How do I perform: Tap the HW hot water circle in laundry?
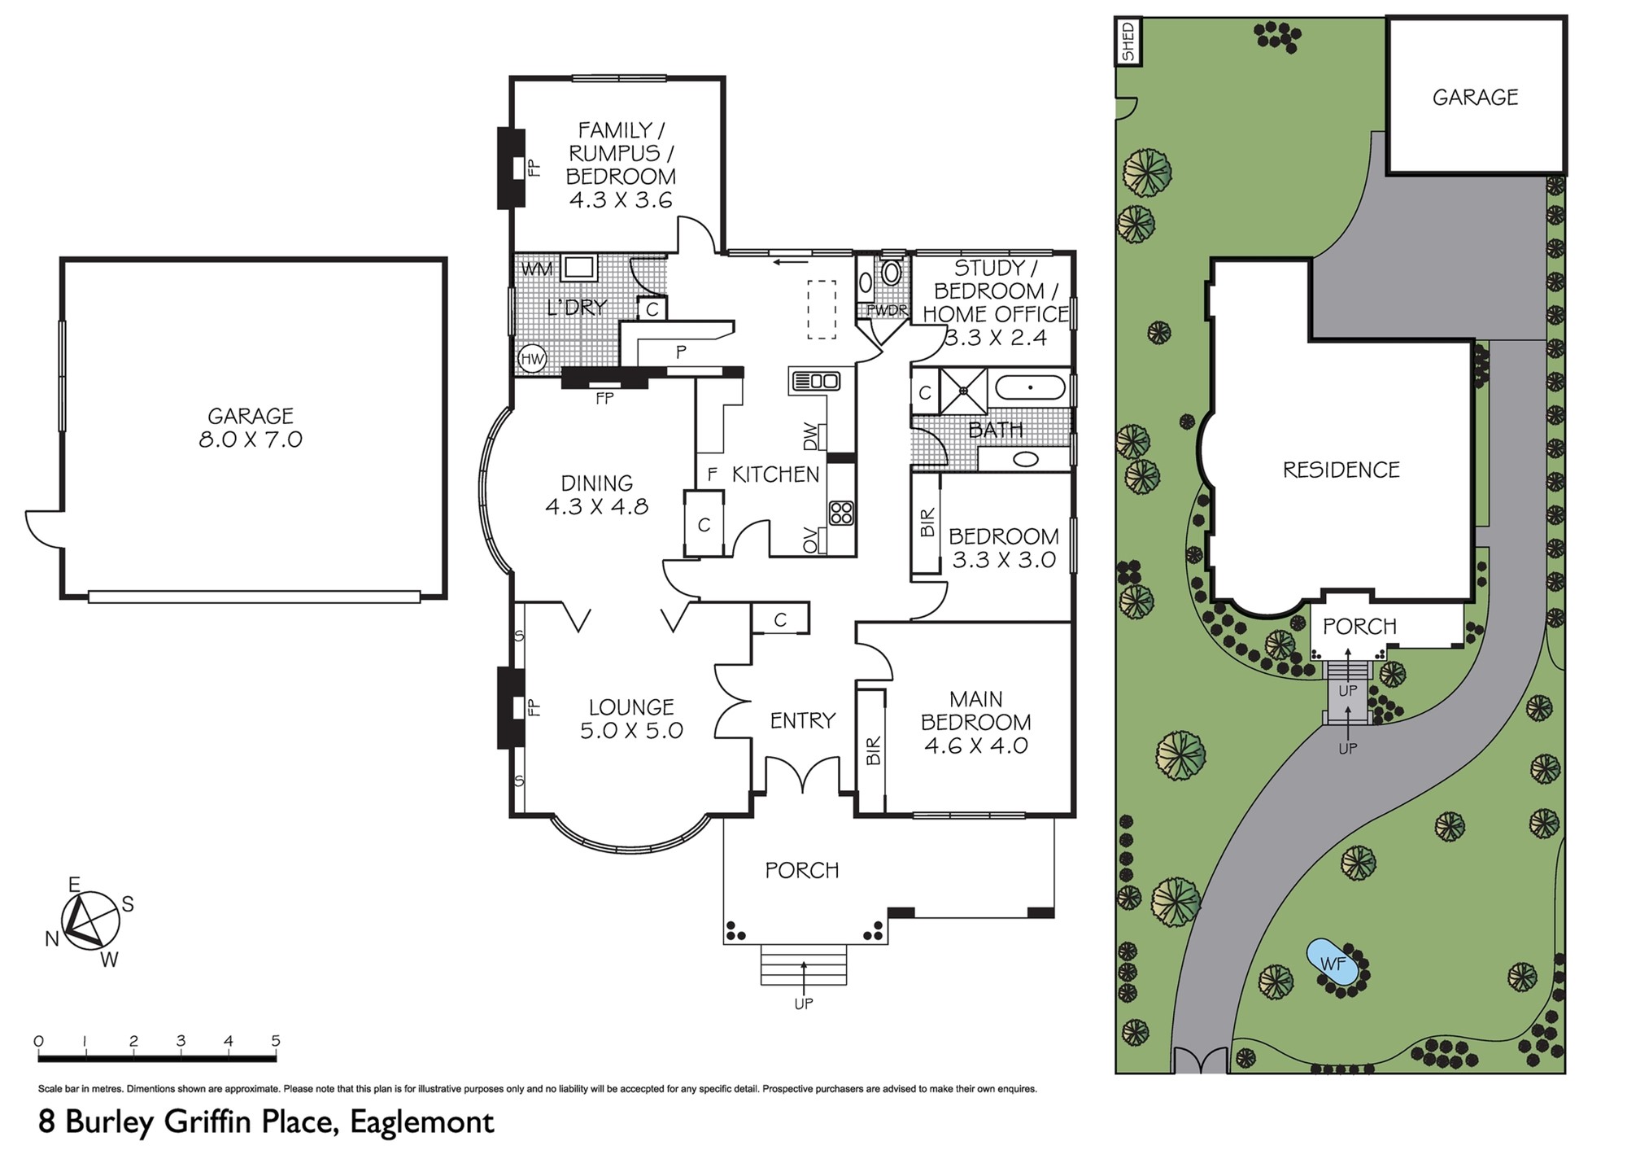[x=532, y=358]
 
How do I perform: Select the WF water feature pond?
[x=1332, y=964]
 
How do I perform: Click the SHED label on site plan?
[x=1128, y=42]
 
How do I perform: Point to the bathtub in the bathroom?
[x=1030, y=387]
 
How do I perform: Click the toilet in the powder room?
[x=892, y=273]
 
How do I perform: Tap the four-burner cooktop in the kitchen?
[x=841, y=513]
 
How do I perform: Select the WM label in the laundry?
[x=537, y=269]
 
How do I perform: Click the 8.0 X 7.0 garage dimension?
[x=251, y=439]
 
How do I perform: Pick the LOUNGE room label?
[x=631, y=707]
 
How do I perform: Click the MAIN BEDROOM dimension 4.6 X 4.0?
[x=976, y=746]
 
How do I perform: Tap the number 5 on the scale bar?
[x=276, y=1041]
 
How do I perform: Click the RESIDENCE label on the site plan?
[x=1341, y=470]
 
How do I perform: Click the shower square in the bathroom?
[x=964, y=391]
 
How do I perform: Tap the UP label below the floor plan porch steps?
[x=804, y=1004]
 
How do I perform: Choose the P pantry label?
[x=682, y=352]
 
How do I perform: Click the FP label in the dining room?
[x=604, y=398]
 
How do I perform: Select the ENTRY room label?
[x=803, y=720]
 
